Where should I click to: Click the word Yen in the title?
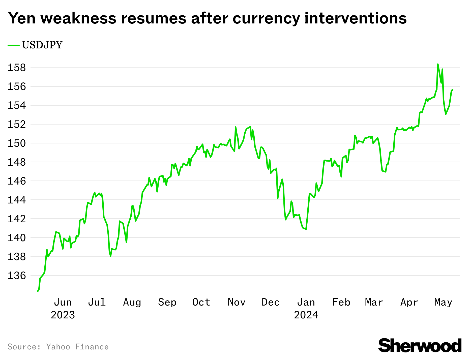click(x=22, y=18)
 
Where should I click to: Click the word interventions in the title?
click(x=356, y=18)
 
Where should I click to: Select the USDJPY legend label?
click(x=42, y=45)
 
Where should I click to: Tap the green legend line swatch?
click(x=13, y=45)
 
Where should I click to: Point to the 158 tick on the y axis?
click(x=17, y=68)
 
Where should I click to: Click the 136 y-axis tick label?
click(x=17, y=276)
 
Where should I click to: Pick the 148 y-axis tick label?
click(x=17, y=162)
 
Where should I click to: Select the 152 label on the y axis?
click(x=17, y=124)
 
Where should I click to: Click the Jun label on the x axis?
click(x=63, y=302)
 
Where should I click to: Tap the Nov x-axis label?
click(x=236, y=302)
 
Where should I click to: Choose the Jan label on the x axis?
click(x=306, y=302)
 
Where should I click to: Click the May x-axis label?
click(x=443, y=302)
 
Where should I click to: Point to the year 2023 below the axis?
click(x=63, y=315)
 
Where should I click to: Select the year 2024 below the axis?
click(x=306, y=315)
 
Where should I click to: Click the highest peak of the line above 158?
click(x=438, y=64)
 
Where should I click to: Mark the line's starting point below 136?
click(x=38, y=291)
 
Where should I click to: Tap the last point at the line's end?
click(x=453, y=90)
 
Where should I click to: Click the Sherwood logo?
click(x=420, y=346)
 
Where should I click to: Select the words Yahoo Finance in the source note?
click(x=77, y=347)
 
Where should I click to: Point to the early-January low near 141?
click(x=306, y=229)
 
